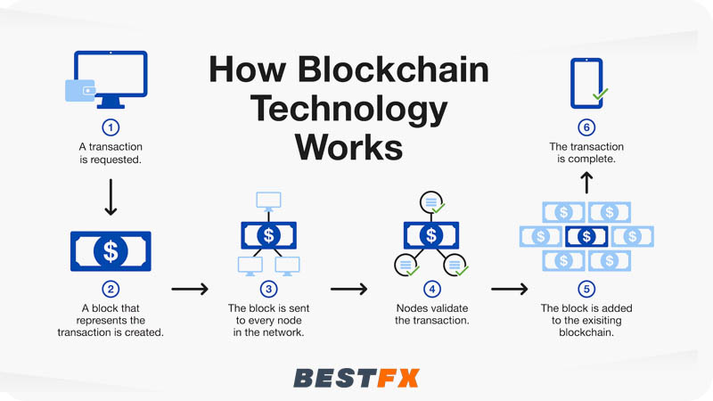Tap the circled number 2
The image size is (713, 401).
point(111,289)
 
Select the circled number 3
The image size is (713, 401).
point(268,289)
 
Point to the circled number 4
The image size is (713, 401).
point(431,289)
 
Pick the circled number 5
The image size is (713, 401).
point(586,289)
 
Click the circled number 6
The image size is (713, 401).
point(586,127)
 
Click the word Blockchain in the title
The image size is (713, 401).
point(401,70)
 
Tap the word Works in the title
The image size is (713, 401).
point(349,145)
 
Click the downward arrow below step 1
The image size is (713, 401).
point(111,196)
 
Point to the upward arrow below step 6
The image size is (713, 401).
point(586,183)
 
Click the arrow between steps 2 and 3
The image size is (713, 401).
point(189,289)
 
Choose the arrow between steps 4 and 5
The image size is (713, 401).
point(509,289)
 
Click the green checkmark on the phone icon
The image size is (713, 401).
point(600,93)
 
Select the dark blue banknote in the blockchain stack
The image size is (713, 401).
point(586,236)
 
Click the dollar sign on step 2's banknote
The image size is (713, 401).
point(111,250)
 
